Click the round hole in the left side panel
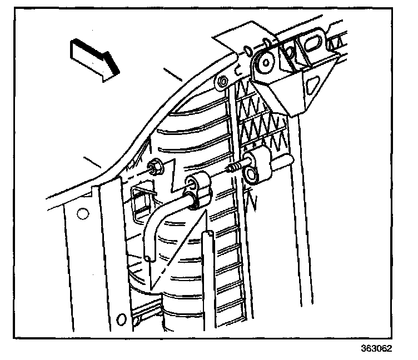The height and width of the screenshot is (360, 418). coord(83,213)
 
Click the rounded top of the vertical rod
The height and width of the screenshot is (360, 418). coord(207,234)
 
